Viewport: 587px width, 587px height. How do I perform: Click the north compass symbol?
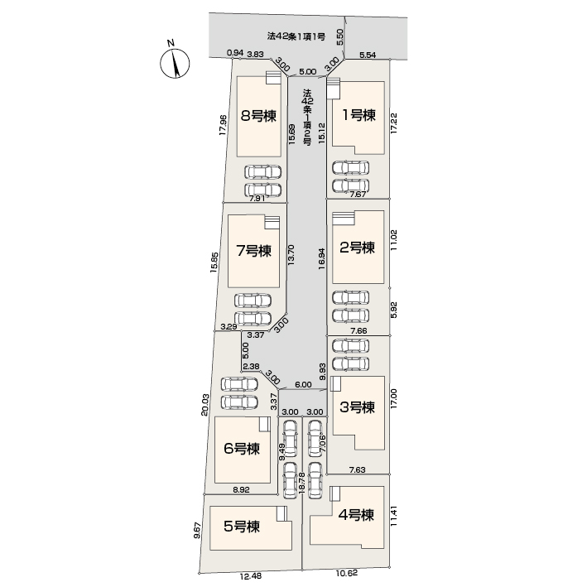(x=175, y=62)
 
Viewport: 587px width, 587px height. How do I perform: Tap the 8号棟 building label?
(x=258, y=116)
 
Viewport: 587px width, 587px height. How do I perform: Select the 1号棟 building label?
(x=358, y=115)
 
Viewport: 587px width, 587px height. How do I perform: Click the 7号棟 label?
(x=254, y=251)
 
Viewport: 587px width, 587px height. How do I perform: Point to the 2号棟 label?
(x=357, y=248)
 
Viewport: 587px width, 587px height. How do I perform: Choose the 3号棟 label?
(x=357, y=407)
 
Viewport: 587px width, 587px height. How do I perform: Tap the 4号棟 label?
(x=356, y=515)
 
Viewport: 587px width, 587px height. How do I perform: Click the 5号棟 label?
(x=242, y=527)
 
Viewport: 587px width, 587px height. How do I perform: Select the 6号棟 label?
(x=242, y=448)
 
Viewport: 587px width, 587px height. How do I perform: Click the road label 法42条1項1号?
(x=296, y=36)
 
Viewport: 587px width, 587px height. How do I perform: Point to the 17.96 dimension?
(x=223, y=125)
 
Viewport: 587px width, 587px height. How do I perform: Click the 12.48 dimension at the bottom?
(x=251, y=575)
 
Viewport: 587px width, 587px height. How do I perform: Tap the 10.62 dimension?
(x=347, y=573)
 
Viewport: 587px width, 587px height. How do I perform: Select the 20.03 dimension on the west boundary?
(x=204, y=404)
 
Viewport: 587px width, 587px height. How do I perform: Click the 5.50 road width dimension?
(x=340, y=37)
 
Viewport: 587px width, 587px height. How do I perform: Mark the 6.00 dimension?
(x=303, y=384)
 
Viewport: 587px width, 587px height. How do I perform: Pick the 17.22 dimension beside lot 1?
(x=393, y=123)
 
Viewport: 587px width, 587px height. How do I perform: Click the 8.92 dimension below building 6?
(x=241, y=489)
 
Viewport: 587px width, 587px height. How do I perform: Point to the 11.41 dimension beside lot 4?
(x=393, y=517)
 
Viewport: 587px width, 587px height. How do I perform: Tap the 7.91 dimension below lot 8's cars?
(x=257, y=199)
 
